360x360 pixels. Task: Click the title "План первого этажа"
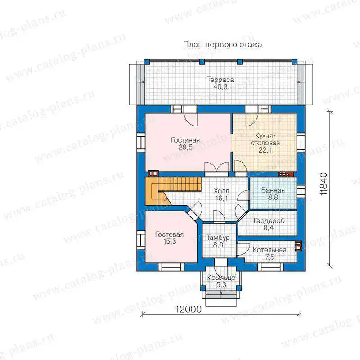222,44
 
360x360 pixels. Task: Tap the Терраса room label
220,80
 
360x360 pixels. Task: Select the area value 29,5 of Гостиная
185,148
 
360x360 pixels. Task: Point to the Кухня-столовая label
265,139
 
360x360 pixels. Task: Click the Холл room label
221,191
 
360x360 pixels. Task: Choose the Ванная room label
273,190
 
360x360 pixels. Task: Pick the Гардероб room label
269,221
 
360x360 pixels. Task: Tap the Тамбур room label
218,238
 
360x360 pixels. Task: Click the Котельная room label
270,250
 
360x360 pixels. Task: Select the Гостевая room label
170,234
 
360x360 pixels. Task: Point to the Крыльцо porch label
221,278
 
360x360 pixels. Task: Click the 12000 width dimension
189,310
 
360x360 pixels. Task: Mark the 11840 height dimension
324,184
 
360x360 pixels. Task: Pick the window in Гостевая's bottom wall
171,266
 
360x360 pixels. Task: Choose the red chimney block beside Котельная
298,246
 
